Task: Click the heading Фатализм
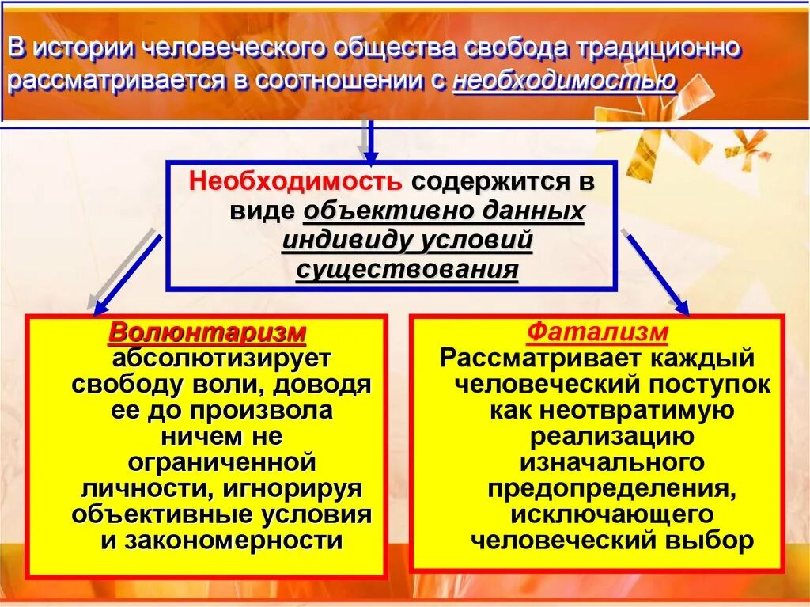[597, 332]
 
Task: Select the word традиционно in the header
[659, 48]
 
